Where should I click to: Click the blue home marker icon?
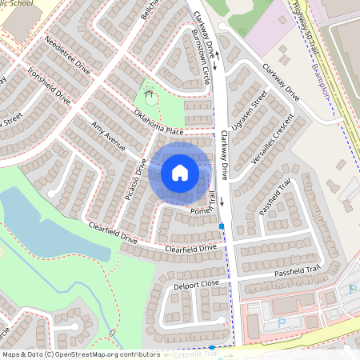(180, 172)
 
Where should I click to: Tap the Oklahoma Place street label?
(159, 122)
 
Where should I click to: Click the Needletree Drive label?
(68, 58)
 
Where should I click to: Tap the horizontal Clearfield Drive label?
(190, 249)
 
